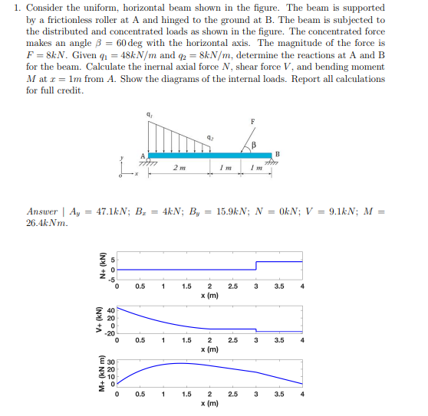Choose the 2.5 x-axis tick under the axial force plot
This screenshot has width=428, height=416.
[232, 287]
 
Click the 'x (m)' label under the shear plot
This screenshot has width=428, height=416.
[209, 349]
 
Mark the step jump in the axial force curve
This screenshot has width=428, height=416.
[255, 266]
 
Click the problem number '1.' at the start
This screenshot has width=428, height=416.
[17, 8]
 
